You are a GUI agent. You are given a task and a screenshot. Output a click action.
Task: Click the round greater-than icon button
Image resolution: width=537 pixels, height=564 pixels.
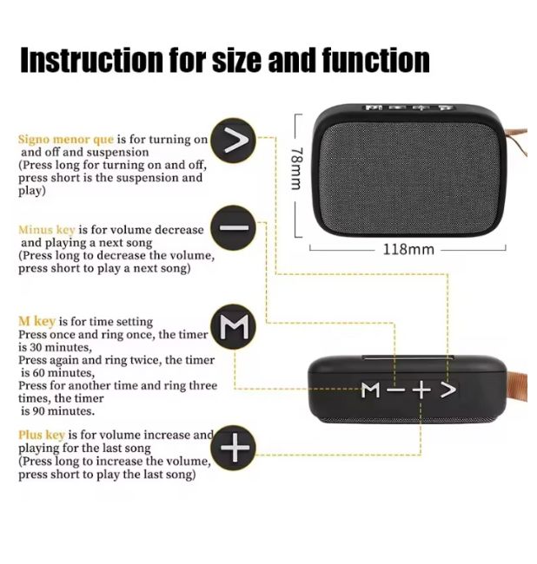pyautogui.click(x=234, y=140)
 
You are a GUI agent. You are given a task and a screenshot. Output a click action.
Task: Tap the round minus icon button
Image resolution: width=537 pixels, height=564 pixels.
pyautogui.click(x=234, y=228)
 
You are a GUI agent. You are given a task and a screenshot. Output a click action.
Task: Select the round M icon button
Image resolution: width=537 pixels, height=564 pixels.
pyautogui.click(x=234, y=327)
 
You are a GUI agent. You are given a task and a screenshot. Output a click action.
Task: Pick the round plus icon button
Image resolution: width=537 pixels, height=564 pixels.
pyautogui.click(x=234, y=447)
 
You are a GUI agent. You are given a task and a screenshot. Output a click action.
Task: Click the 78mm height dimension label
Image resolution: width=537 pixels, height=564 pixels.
pyautogui.click(x=297, y=168)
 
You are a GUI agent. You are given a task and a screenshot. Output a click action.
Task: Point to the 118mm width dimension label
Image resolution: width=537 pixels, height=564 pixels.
pyautogui.click(x=408, y=249)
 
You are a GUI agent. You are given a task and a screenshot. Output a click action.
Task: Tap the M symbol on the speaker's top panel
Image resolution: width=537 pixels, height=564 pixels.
pyautogui.click(x=371, y=390)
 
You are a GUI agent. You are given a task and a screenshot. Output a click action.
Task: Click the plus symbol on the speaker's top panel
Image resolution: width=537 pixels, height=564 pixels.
pyautogui.click(x=421, y=390)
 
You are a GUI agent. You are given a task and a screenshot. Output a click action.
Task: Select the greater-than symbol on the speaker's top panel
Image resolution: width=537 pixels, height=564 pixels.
pyautogui.click(x=448, y=390)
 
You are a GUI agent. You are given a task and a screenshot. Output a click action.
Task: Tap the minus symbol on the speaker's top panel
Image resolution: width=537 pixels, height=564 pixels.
pyautogui.click(x=395, y=390)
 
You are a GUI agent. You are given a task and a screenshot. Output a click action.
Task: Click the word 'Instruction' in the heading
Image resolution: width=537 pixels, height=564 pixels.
pyautogui.click(x=91, y=60)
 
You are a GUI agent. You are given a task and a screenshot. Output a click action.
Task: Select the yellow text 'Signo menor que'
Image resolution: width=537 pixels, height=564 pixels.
pyautogui.click(x=66, y=139)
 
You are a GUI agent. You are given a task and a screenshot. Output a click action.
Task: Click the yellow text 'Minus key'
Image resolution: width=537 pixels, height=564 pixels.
pyautogui.click(x=47, y=229)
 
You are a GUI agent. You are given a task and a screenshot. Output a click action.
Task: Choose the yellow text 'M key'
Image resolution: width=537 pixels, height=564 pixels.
pyautogui.click(x=36, y=321)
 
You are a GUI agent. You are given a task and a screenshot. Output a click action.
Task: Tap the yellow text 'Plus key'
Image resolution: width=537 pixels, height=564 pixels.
pyautogui.click(x=42, y=435)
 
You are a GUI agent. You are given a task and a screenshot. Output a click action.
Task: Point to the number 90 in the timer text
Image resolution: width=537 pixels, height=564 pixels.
pyautogui.click(x=39, y=411)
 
